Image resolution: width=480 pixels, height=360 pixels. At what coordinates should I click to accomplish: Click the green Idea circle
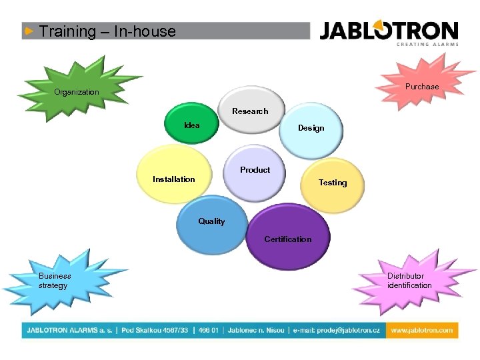pyautogui.click(x=193, y=124)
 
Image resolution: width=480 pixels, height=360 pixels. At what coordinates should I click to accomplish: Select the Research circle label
pyautogui.click(x=250, y=111)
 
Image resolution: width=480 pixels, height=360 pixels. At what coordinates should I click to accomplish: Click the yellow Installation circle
pyautogui.click(x=175, y=175)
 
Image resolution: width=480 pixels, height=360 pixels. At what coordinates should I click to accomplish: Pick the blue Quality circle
pyautogui.click(x=212, y=227)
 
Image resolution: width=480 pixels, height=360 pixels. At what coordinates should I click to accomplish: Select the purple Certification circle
pyautogui.click(x=287, y=234)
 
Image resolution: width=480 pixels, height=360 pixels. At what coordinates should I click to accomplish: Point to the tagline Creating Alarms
pyautogui.click(x=428, y=45)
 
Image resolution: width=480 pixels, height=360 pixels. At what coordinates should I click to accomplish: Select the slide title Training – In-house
pyautogui.click(x=107, y=31)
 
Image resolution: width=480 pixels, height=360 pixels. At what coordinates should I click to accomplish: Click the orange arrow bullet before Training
pyautogui.click(x=29, y=31)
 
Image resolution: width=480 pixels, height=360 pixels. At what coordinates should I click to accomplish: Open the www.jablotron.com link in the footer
pyautogui.click(x=420, y=330)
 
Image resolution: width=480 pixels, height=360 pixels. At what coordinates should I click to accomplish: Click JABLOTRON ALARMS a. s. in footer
pyautogui.click(x=69, y=330)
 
